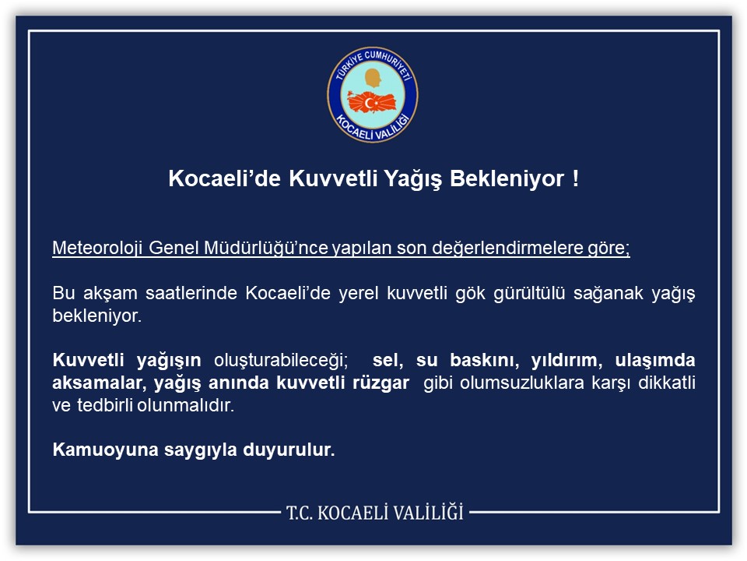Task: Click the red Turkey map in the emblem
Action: pos(373,102)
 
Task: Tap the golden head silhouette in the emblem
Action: pos(373,79)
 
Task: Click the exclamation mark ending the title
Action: pos(575,179)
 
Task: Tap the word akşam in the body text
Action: pos(102,293)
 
